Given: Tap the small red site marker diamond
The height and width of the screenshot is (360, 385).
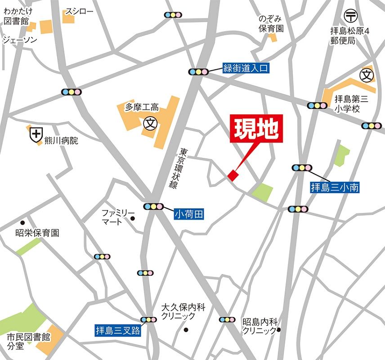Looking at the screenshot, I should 233,175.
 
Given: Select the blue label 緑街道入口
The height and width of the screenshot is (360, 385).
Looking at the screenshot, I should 246,68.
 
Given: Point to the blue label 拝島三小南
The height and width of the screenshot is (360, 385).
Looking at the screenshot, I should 335,187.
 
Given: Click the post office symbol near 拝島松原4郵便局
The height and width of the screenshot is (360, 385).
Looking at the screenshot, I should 350,16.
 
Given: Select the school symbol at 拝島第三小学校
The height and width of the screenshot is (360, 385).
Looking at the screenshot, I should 367,75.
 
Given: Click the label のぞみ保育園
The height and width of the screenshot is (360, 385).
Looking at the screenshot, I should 271,24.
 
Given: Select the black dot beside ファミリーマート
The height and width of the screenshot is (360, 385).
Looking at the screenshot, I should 133,219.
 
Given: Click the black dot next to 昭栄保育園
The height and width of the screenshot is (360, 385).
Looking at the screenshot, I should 22,223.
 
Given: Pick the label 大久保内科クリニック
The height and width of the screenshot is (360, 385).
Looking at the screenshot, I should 183,312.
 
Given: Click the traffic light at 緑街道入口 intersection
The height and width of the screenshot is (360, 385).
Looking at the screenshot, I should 198,71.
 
